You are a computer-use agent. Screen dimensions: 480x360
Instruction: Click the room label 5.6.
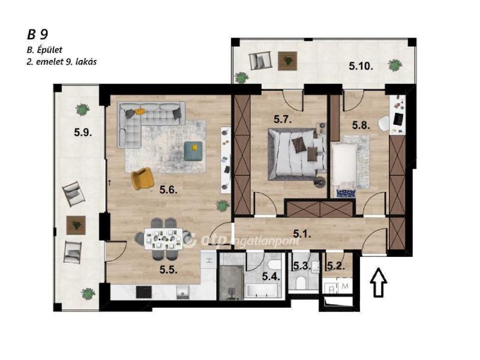tap(169, 190)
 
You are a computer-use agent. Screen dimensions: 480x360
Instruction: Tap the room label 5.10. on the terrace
tap(361, 66)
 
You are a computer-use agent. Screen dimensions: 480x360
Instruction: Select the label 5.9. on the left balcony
tap(83, 132)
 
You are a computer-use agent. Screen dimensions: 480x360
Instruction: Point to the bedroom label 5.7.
tap(282, 119)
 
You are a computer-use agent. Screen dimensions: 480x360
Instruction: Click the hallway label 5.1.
tap(302, 234)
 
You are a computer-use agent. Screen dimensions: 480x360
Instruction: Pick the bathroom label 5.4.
tap(271, 277)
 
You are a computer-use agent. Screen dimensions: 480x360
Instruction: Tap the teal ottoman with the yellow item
tap(193, 151)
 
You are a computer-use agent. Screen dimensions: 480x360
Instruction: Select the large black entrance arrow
tap(379, 282)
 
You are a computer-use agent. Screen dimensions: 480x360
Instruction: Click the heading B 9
tap(37, 35)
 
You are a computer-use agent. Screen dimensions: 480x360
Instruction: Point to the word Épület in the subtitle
tap(49, 50)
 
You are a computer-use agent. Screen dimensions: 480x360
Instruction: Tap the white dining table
tap(163, 238)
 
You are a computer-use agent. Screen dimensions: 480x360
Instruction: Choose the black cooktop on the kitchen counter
tap(143, 292)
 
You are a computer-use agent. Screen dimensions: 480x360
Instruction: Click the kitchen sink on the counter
tap(183, 293)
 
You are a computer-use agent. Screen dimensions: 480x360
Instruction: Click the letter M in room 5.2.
tap(346, 287)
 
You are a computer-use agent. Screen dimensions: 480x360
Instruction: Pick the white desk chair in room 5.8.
tap(384, 124)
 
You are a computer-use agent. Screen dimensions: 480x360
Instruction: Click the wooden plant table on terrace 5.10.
tap(287, 61)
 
